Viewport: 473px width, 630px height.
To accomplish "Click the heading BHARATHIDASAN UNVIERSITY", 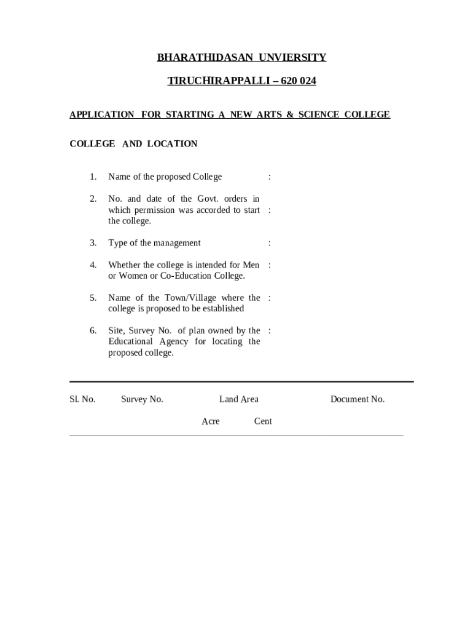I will tap(241, 58).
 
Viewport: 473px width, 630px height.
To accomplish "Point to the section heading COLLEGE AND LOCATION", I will tap(133, 144).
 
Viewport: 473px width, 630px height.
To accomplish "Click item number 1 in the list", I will tap(93, 177).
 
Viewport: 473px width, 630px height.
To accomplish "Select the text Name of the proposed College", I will tap(165, 177).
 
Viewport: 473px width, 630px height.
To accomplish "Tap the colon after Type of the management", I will tap(270, 243).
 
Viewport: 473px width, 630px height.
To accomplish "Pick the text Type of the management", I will tap(154, 243).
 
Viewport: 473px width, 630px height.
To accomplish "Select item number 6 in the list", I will tap(93, 331).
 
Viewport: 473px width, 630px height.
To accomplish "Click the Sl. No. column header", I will tap(82, 399).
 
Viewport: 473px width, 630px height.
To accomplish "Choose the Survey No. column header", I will tap(142, 399).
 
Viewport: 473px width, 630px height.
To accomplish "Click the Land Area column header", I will tap(238, 399).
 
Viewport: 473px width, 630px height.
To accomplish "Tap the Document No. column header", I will tap(357, 399).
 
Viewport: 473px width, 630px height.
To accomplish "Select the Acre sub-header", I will tap(210, 421).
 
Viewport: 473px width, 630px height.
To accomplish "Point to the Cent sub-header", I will tap(263, 421).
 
